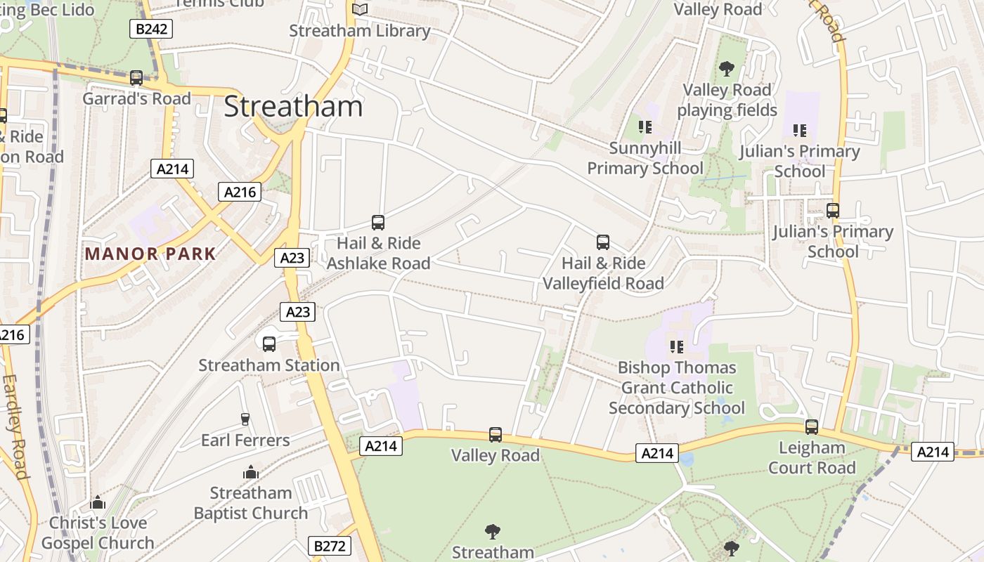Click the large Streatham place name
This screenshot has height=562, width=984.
[293, 106]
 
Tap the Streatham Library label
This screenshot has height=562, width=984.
[359, 31]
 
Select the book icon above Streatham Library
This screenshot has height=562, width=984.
[360, 9]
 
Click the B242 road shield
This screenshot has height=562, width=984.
[151, 29]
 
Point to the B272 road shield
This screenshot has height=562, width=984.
[329, 546]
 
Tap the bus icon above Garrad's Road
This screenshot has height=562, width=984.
[136, 77]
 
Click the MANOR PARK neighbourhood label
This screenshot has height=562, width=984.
[150, 254]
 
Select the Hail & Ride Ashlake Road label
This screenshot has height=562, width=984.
[378, 253]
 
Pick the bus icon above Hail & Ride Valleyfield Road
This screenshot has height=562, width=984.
[603, 242]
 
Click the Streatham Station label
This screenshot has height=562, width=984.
[268, 365]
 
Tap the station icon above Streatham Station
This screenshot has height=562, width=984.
[269, 344]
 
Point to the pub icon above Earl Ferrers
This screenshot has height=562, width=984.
[245, 419]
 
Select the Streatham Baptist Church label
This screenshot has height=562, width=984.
[251, 503]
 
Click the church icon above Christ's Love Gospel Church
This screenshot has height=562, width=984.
[98, 502]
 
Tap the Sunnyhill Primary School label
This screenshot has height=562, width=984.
[645, 158]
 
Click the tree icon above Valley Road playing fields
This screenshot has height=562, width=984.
[727, 69]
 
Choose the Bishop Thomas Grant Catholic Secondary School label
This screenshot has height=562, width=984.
[676, 388]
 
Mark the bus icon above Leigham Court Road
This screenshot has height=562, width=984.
[812, 426]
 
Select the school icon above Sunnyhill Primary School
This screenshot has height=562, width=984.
[645, 127]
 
